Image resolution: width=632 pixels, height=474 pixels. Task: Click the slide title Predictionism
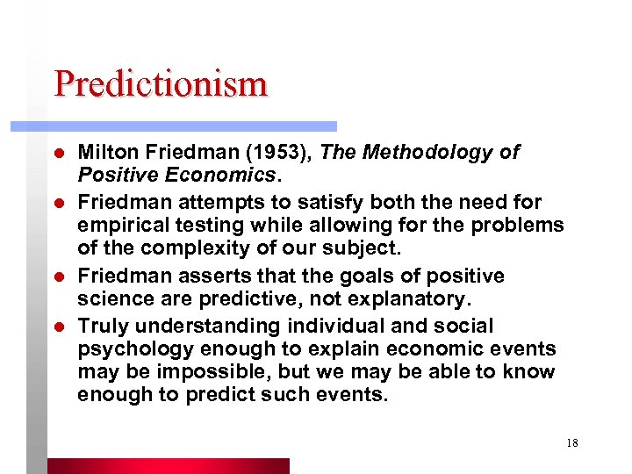(160, 84)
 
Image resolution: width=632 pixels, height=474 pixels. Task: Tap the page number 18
(571, 443)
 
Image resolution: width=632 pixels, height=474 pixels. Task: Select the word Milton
(105, 153)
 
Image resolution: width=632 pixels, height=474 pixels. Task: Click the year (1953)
(282, 153)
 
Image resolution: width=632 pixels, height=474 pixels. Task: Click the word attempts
(206, 203)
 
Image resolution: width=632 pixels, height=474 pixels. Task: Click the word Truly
(101, 326)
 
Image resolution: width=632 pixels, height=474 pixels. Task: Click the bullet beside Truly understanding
(59, 327)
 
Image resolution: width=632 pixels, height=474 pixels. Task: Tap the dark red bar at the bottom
(167, 465)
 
